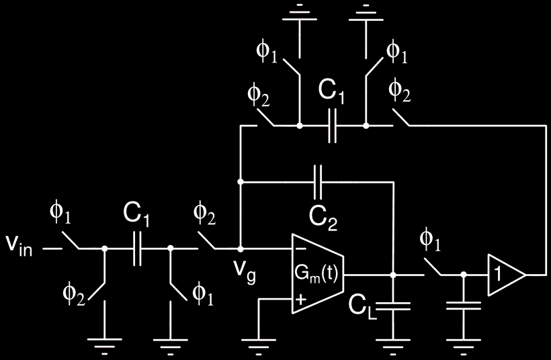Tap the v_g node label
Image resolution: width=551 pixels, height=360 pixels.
pyautogui.click(x=245, y=272)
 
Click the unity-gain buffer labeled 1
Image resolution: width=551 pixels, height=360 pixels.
pyautogui.click(x=507, y=275)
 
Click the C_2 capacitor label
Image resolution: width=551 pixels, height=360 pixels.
pyautogui.click(x=323, y=218)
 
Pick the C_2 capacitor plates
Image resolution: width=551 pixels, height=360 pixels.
pyautogui.click(x=318, y=182)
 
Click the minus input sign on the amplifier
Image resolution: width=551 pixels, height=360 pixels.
pyautogui.click(x=300, y=249)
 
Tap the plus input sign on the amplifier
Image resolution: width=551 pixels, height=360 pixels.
pyautogui.click(x=300, y=300)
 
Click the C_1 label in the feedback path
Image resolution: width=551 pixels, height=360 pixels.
pyautogui.click(x=331, y=92)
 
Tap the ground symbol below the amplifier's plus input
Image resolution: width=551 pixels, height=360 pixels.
pyautogui.click(x=258, y=346)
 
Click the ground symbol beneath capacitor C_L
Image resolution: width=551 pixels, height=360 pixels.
pyautogui.click(x=393, y=346)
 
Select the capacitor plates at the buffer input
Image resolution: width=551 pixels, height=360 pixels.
pyautogui.click(x=464, y=306)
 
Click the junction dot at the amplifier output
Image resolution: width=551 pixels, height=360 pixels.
pyautogui.click(x=393, y=275)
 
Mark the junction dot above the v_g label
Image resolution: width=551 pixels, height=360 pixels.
pyautogui.click(x=241, y=249)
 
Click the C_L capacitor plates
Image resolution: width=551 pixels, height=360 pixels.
pyautogui.click(x=393, y=306)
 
